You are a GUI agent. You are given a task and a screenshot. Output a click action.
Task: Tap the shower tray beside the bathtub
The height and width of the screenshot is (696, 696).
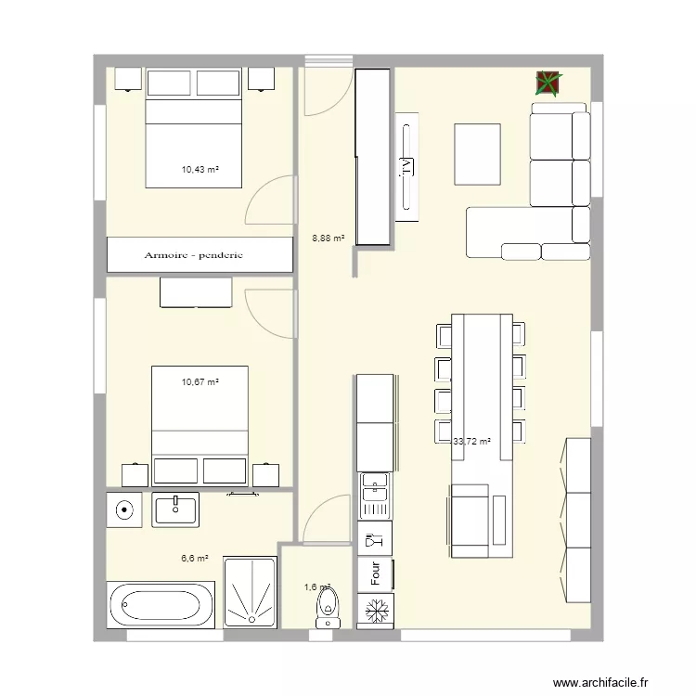coord(250,592)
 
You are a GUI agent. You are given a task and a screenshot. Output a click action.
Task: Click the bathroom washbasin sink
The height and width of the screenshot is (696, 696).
coord(176,509)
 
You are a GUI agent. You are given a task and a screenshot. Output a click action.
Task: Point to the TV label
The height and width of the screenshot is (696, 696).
coord(406,167)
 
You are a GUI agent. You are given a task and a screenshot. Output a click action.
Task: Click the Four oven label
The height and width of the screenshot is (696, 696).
coord(375,574)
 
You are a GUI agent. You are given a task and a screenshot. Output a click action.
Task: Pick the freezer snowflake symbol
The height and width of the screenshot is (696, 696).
coord(375,612)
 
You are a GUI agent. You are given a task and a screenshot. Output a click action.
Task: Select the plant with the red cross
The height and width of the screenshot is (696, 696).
coord(548,84)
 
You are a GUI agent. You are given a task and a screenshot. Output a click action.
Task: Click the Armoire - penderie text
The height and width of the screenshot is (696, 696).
coord(193,255)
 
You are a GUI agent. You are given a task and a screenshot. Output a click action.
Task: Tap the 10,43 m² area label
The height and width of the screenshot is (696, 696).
coord(200,170)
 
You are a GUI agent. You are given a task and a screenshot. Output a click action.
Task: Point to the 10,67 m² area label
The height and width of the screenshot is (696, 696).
coord(200,381)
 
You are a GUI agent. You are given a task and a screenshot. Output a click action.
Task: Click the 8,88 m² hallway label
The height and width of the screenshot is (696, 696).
coord(328,238)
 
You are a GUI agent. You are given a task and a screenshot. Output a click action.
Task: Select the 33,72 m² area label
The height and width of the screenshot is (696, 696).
coord(471,443)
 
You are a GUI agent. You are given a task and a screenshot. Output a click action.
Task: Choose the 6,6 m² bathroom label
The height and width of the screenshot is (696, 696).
coord(194,559)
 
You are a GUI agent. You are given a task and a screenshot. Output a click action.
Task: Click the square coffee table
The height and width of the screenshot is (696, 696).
coord(477,154)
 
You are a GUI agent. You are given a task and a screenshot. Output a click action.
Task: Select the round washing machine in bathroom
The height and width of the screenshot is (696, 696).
coord(123,509)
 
